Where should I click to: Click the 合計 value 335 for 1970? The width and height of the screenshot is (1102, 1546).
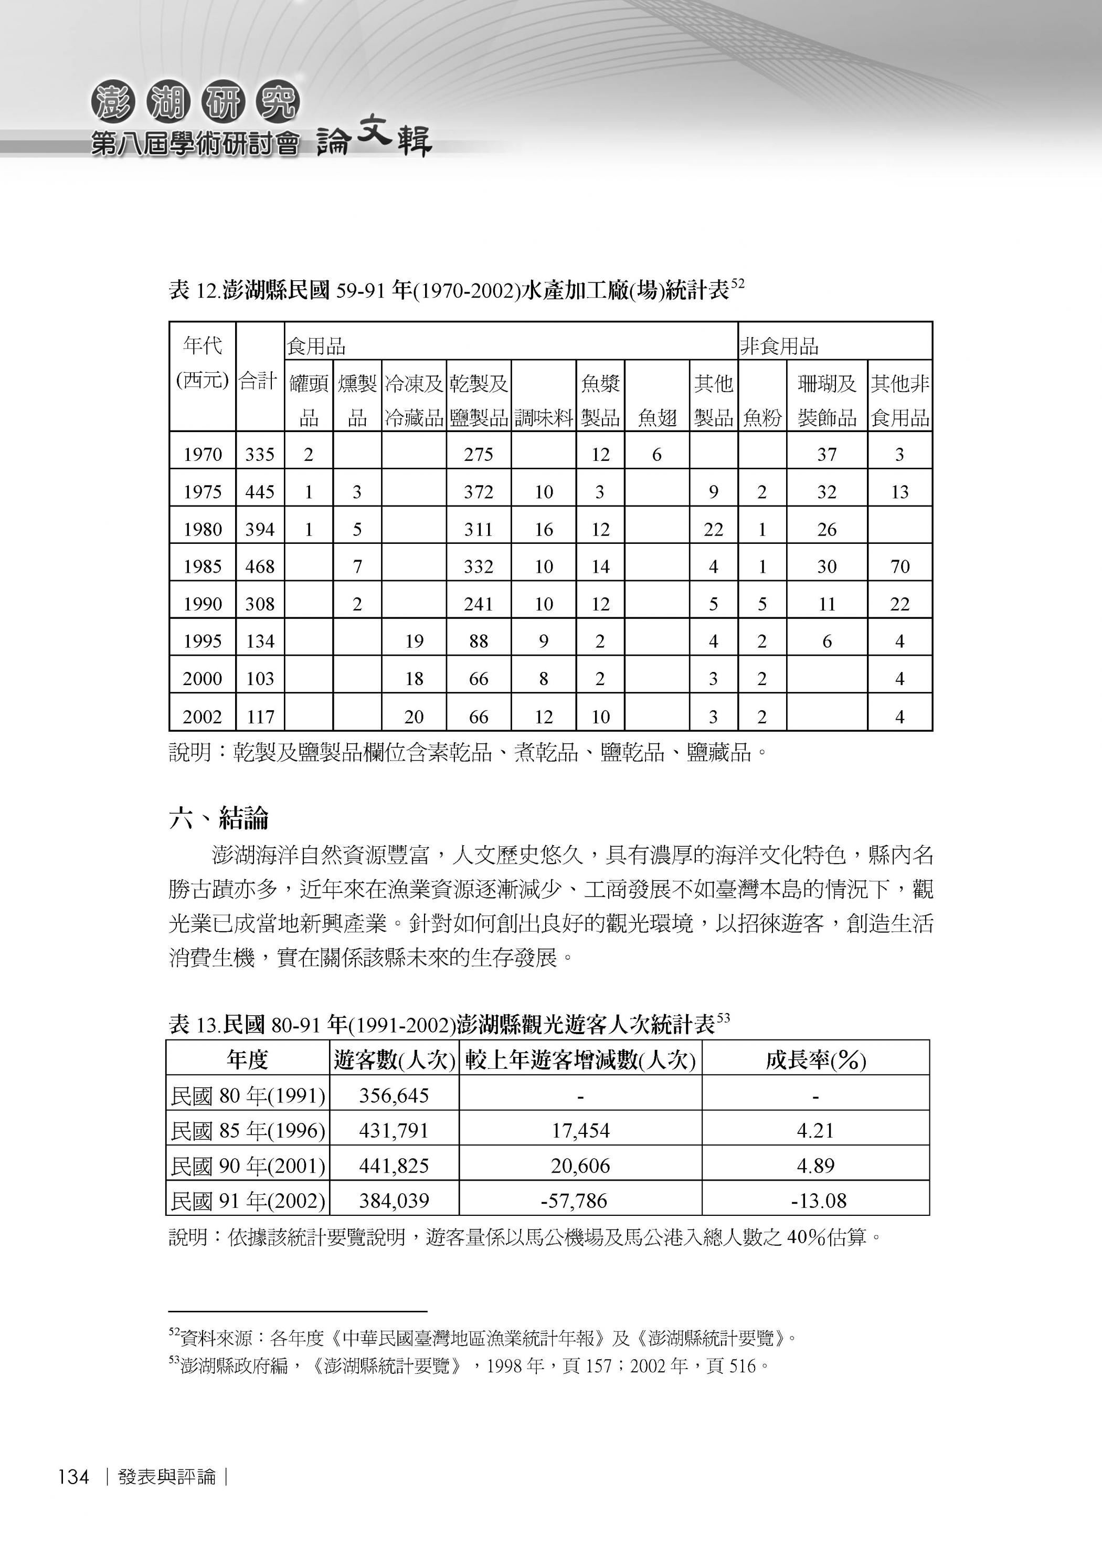point(260,454)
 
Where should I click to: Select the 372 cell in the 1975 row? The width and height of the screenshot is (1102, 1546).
point(479,491)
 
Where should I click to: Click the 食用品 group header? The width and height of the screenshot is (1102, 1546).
point(316,347)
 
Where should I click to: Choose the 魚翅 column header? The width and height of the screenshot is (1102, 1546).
point(657,417)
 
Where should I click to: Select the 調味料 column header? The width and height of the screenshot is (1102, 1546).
point(544,417)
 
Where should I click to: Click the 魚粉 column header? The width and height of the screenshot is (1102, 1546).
point(762,417)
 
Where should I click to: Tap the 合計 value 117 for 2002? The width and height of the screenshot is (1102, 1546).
point(260,716)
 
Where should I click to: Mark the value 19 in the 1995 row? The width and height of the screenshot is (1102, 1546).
point(414,640)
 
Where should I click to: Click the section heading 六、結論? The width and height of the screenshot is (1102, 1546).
point(218,818)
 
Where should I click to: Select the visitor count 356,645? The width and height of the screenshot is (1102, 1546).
point(394,1096)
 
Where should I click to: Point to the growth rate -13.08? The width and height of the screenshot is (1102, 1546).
point(818,1201)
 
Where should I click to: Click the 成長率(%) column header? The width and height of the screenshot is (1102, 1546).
point(815,1060)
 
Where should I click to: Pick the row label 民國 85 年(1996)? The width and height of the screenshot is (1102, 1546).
point(248,1131)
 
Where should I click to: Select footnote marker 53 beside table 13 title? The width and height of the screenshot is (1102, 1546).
point(723,1018)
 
